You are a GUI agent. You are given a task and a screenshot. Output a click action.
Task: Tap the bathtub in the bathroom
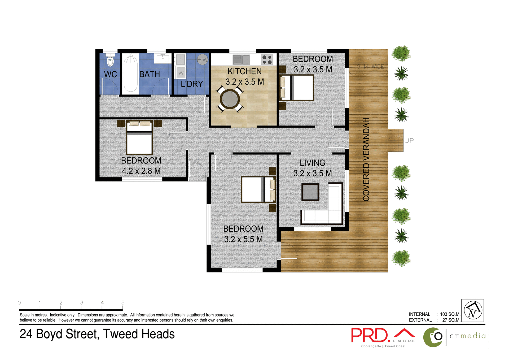pyautogui.click(x=130, y=73)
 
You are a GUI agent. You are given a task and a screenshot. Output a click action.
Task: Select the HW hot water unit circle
pyautogui.click(x=203, y=60)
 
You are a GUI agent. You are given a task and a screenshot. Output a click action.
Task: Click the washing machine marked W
pyautogui.click(x=181, y=72)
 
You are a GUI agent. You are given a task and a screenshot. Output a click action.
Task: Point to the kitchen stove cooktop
pyautogui.click(x=267, y=60)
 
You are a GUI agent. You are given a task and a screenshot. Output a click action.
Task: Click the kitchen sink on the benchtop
pyautogui.click(x=241, y=60)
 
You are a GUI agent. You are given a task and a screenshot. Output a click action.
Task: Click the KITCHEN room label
pyautogui.click(x=244, y=71)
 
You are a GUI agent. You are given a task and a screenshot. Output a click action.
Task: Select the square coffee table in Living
pyautogui.click(x=310, y=192)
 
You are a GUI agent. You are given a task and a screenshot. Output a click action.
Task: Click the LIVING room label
pyautogui.click(x=312, y=163)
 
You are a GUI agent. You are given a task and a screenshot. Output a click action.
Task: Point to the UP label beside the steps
pyautogui.click(x=409, y=141)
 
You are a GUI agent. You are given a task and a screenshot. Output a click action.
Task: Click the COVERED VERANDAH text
pyautogui.click(x=366, y=159)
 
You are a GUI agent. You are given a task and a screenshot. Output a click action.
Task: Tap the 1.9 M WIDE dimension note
pyautogui.click(x=368, y=67)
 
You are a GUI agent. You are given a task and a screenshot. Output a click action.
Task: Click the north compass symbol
pyautogui.click(x=473, y=310)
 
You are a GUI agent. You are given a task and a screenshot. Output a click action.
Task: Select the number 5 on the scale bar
pyautogui.click(x=123, y=303)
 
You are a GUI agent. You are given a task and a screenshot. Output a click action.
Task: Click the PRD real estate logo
pyautogui.click(x=370, y=335)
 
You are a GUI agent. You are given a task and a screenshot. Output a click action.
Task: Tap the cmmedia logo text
pyautogui.click(x=468, y=336)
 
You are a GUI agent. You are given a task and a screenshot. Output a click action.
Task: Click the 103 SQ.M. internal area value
pyautogui.click(x=450, y=314)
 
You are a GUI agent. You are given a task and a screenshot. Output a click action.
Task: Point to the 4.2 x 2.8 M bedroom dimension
pyautogui.click(x=141, y=171)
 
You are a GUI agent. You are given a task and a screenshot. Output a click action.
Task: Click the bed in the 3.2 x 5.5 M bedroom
pyautogui.click(x=258, y=190)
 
